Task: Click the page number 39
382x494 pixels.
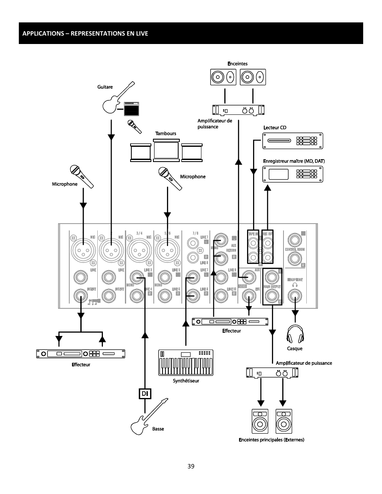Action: (x=191, y=466)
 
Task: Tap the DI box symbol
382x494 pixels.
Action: (x=145, y=394)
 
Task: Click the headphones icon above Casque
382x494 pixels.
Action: (x=295, y=334)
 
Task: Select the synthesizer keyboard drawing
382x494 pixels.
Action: (x=186, y=363)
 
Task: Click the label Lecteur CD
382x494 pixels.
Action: (x=275, y=128)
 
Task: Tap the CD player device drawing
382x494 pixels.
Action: (x=292, y=141)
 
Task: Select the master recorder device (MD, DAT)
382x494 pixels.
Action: (x=292, y=174)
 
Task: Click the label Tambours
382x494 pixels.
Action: (x=165, y=134)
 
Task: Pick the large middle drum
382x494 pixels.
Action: (x=166, y=150)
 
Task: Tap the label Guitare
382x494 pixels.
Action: (x=105, y=87)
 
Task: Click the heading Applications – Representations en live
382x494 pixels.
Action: (x=85, y=33)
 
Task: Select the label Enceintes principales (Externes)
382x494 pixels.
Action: (x=271, y=440)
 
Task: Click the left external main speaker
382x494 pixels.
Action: (x=260, y=421)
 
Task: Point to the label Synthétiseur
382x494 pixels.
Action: (x=186, y=381)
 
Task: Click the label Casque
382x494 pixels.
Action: (x=295, y=348)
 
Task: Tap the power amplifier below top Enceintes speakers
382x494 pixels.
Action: (x=238, y=110)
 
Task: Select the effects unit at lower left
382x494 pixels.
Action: (x=80, y=354)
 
